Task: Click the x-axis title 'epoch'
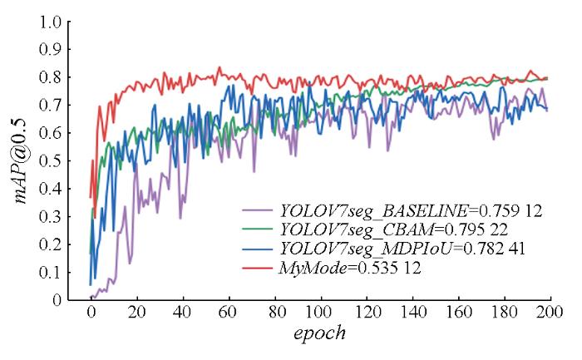(319, 336)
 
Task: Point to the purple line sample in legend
(257, 211)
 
